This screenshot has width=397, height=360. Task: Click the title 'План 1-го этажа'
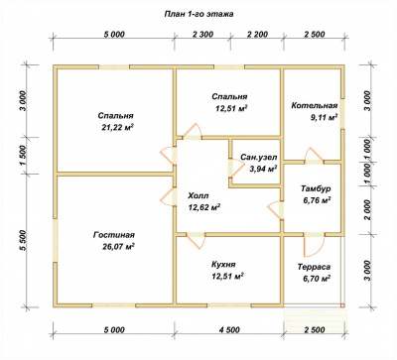pyautogui.click(x=198, y=14)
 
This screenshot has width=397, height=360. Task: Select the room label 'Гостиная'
pyautogui.click(x=114, y=235)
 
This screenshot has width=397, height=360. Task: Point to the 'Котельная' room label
pyautogui.click(x=315, y=106)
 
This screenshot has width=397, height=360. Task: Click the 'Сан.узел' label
pyautogui.click(x=259, y=157)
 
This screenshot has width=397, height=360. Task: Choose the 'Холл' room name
pyautogui.click(x=198, y=196)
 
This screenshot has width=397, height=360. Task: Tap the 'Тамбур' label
pyautogui.click(x=316, y=188)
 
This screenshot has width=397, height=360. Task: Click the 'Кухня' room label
pyautogui.click(x=223, y=265)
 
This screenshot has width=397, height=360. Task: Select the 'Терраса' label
pyautogui.click(x=314, y=267)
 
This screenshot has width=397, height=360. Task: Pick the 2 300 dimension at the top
pyautogui.click(x=202, y=35)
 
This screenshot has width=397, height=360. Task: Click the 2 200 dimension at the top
pyautogui.click(x=257, y=35)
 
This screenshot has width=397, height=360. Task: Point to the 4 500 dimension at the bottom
pyautogui.click(x=228, y=330)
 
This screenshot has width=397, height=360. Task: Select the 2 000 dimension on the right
pyautogui.click(x=367, y=210)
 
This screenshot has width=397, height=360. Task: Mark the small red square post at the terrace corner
pyautogui.click(x=342, y=305)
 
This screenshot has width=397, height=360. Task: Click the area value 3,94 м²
pyautogui.click(x=263, y=169)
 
